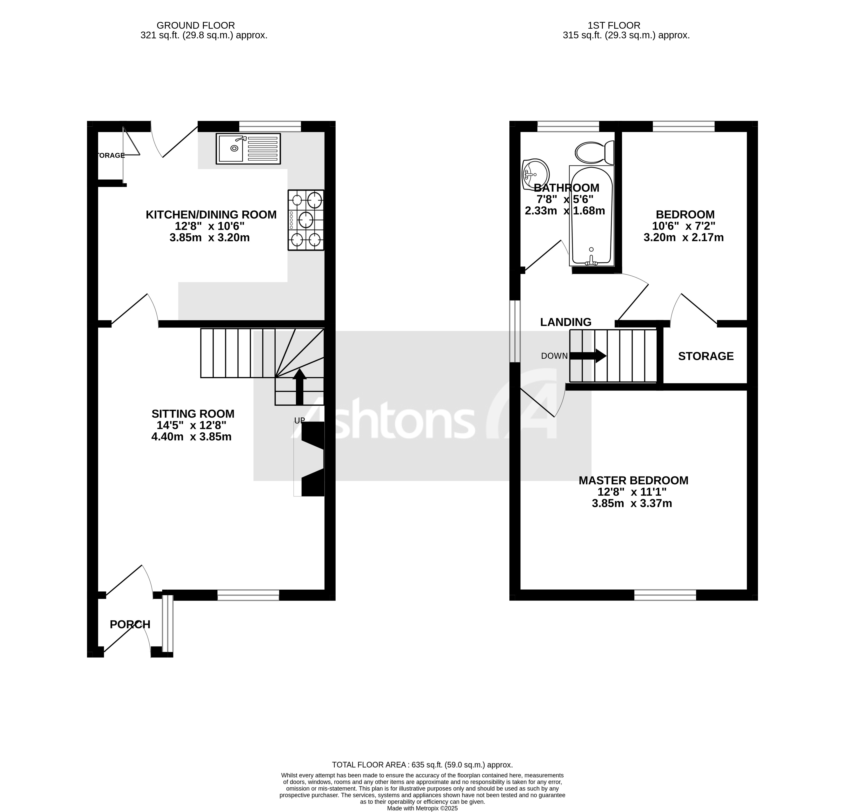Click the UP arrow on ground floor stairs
pyautogui.click(x=300, y=385)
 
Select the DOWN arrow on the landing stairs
pyautogui.click(x=588, y=356)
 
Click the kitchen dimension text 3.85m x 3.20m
pyautogui.click(x=210, y=238)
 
